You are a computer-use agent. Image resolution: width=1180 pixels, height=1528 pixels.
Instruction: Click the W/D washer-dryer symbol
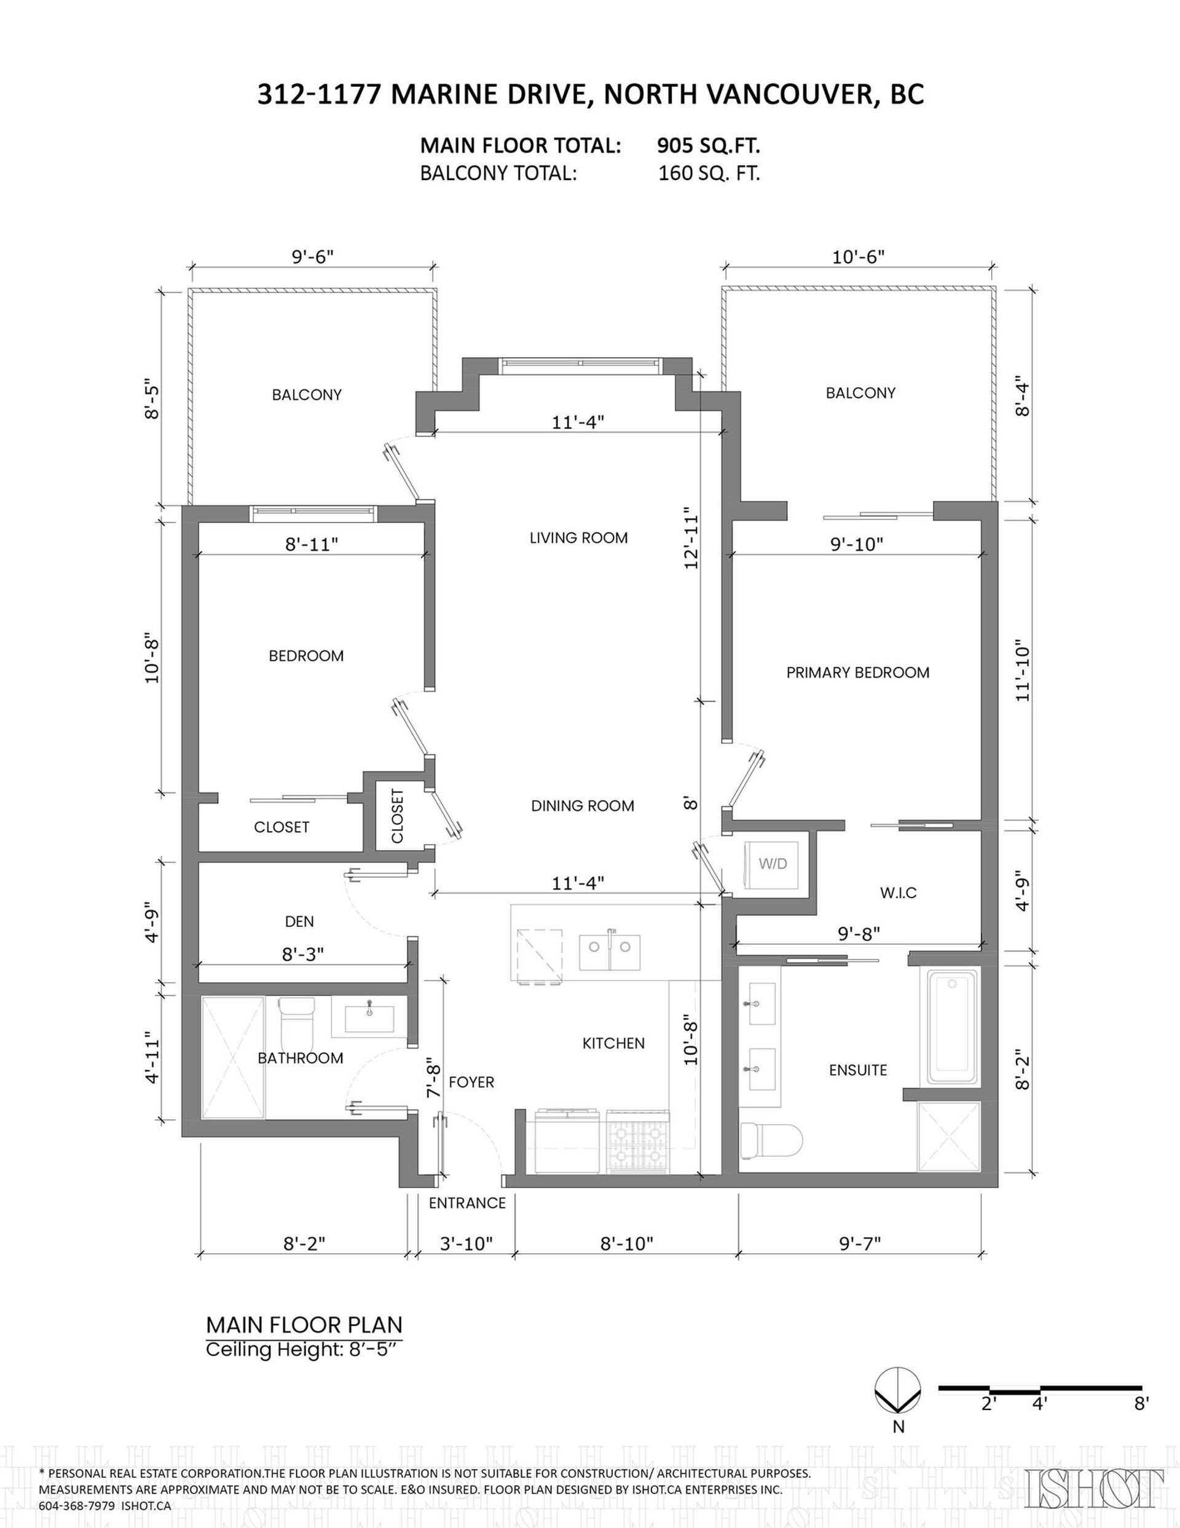click(773, 864)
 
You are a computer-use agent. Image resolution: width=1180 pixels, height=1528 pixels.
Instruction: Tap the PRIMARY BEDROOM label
click(857, 672)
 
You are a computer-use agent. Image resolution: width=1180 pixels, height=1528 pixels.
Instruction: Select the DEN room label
click(299, 921)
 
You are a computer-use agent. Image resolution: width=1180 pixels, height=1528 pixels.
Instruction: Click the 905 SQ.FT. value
click(708, 146)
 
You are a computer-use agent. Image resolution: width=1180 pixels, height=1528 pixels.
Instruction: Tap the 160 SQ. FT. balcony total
click(709, 173)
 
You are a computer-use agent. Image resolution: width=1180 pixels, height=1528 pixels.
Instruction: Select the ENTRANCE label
click(466, 1203)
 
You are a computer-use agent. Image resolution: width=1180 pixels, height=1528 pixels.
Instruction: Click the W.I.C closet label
click(898, 892)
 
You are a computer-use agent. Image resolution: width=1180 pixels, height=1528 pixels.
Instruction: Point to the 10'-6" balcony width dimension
click(858, 257)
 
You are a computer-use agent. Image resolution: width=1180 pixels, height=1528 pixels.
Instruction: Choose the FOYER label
click(471, 1082)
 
